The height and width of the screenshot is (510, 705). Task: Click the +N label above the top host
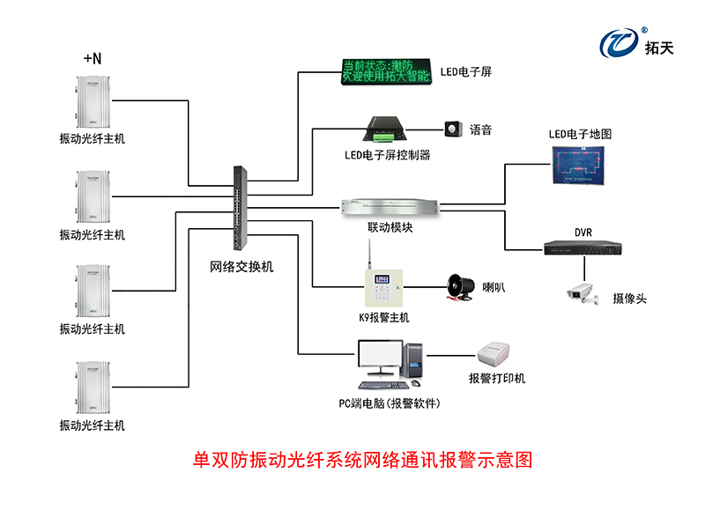[93, 59]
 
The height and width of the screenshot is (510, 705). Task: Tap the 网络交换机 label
[241, 266]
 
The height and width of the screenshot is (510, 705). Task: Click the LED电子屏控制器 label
[387, 155]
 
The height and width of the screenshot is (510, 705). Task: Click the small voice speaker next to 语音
[453, 129]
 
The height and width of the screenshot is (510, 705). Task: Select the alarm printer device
[496, 357]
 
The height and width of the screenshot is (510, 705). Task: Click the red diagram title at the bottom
[363, 460]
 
